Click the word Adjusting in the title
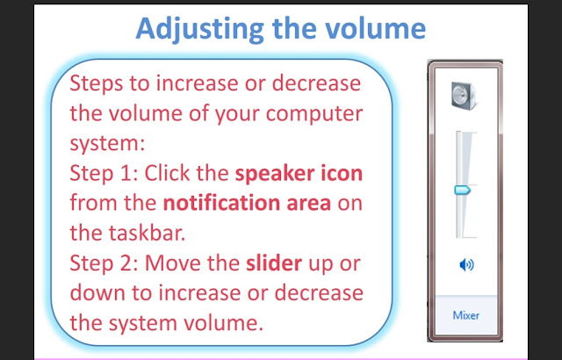(199, 29)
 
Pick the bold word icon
(342, 173)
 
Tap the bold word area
(309, 205)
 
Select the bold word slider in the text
(274, 263)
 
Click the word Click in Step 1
(164, 173)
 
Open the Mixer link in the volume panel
(466, 315)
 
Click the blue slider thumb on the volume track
(463, 190)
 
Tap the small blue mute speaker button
(466, 265)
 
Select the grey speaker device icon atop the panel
(465, 96)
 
